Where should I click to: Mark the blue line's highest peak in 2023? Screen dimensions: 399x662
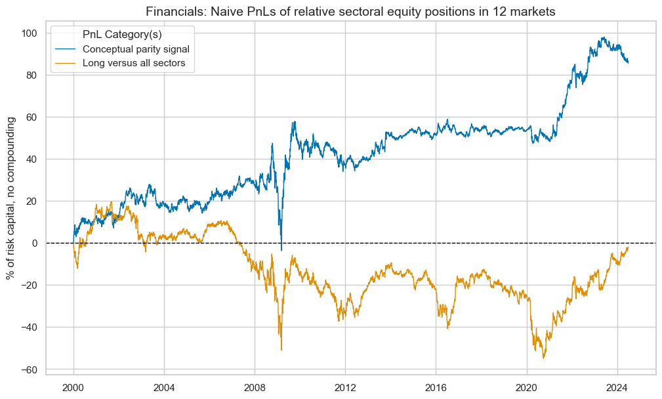[x=603, y=37]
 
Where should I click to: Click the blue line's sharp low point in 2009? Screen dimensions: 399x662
[x=281, y=250]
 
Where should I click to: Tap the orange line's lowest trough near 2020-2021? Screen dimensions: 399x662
[x=544, y=358]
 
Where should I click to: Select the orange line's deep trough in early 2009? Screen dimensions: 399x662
[x=281, y=350]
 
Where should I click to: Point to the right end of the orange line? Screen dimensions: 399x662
[x=629, y=247]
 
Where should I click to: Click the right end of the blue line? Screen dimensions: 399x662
[x=629, y=63]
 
